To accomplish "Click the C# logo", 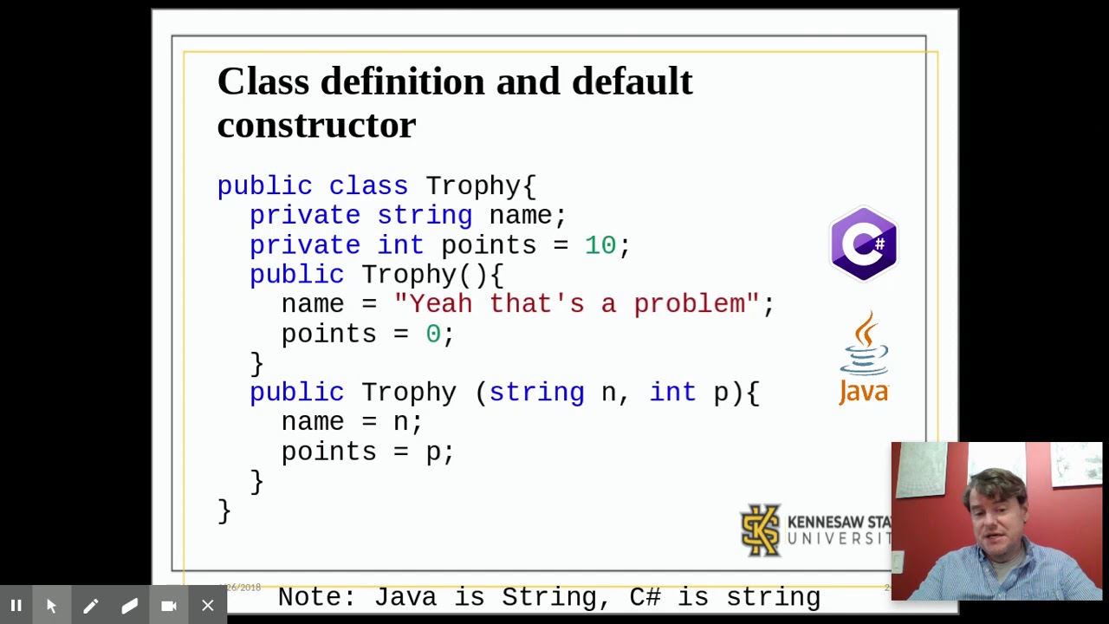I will pos(863,244).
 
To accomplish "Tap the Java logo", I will pos(864,358).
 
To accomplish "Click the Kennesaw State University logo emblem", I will pos(761,530).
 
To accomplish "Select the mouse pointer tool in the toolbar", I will pos(51,606).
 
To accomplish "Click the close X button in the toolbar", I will pos(208,606).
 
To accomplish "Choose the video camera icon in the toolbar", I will pos(169,606).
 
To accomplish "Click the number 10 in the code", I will pos(600,245).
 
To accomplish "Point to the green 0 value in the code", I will pos(432,334).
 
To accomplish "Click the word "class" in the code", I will pos(367,186).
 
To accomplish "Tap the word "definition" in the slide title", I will pos(402,81).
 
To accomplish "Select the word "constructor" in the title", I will pos(316,125).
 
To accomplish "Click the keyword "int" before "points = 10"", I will pos(399,245).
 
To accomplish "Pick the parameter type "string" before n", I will pos(536,393).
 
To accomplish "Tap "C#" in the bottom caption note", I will pos(645,597).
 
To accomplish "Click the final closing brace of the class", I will pos(224,510).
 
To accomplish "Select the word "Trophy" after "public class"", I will pos(472,186).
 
